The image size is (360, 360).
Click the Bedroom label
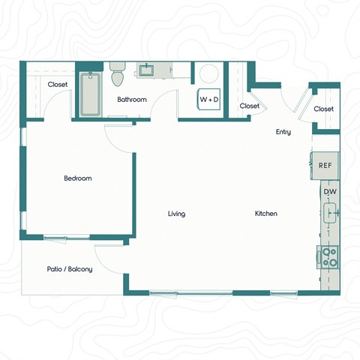click(x=77, y=178)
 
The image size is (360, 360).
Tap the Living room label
click(x=176, y=214)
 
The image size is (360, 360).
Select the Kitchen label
click(x=265, y=214)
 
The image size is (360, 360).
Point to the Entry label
click(x=283, y=133)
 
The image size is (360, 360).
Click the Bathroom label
click(x=132, y=100)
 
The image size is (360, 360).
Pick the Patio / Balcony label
click(x=70, y=268)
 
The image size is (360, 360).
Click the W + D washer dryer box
click(x=209, y=100)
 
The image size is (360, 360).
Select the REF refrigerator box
click(x=325, y=165)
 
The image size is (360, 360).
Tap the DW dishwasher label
click(x=329, y=192)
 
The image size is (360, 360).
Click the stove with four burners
click(x=328, y=257)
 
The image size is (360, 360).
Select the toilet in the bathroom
click(x=117, y=75)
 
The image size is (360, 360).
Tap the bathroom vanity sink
click(x=146, y=70)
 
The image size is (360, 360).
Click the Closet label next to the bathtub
click(x=58, y=85)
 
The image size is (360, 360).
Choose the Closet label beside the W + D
click(x=250, y=106)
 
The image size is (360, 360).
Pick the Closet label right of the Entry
click(x=324, y=109)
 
